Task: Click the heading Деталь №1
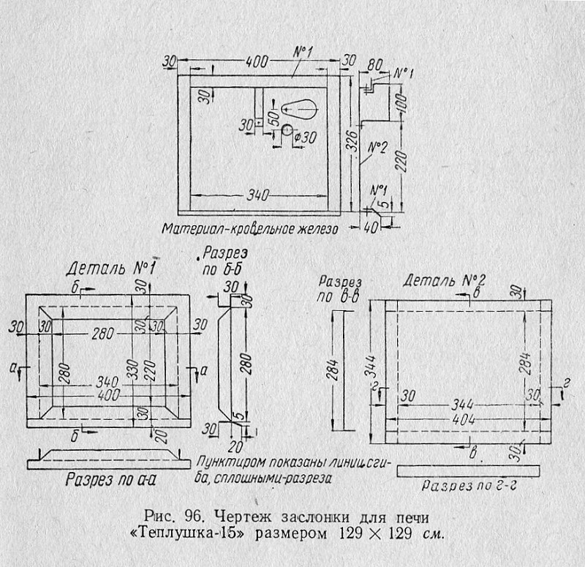pos(110,269)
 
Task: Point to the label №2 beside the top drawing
pos(377,148)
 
